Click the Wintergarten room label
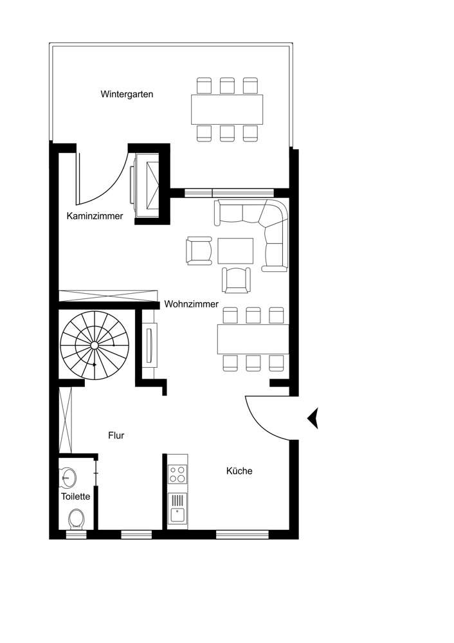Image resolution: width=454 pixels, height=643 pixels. [127, 94]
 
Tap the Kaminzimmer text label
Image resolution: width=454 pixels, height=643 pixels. [95, 216]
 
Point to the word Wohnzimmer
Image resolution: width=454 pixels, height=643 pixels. [191, 303]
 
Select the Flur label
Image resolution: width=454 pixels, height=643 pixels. [116, 435]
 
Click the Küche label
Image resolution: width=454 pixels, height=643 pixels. [239, 471]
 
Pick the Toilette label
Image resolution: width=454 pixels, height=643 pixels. [75, 497]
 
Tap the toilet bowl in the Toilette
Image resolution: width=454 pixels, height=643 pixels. [77, 518]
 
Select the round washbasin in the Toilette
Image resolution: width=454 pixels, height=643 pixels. [68, 477]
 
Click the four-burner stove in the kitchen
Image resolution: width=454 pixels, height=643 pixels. [177, 475]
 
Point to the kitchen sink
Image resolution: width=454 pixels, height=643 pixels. [177, 513]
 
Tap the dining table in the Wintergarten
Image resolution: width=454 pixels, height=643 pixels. [226, 109]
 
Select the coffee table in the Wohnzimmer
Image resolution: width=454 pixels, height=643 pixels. [236, 251]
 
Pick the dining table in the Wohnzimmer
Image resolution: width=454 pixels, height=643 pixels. [252, 339]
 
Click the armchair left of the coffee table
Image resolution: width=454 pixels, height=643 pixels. [199, 251]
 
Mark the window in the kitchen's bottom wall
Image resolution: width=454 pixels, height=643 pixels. [242, 534]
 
